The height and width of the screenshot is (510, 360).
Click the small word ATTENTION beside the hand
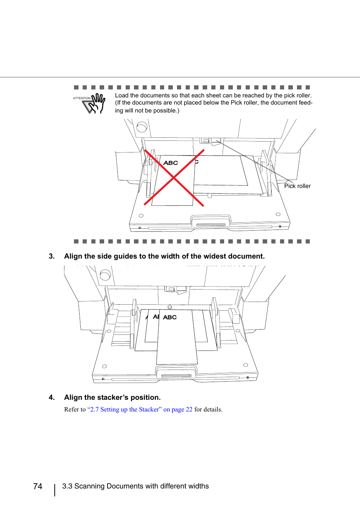(x=82, y=98)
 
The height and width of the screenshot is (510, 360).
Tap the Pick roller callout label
(x=297, y=186)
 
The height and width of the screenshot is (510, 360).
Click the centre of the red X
(x=174, y=177)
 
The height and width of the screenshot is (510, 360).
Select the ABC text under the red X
(x=171, y=163)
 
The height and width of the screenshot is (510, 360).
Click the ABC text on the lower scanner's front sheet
(x=170, y=317)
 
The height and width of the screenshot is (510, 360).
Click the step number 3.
(x=52, y=256)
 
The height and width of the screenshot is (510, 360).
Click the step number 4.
(x=52, y=398)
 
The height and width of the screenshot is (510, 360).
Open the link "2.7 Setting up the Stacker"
(x=125, y=410)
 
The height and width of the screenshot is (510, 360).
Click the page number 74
(x=38, y=486)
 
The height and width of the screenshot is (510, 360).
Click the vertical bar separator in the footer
(x=55, y=490)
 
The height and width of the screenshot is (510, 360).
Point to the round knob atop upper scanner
(x=142, y=127)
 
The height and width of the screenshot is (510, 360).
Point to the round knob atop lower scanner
(x=105, y=275)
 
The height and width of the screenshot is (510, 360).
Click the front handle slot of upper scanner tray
(x=211, y=225)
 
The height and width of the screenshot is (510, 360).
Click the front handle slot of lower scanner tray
(x=176, y=376)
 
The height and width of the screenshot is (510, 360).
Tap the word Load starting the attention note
(x=122, y=96)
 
